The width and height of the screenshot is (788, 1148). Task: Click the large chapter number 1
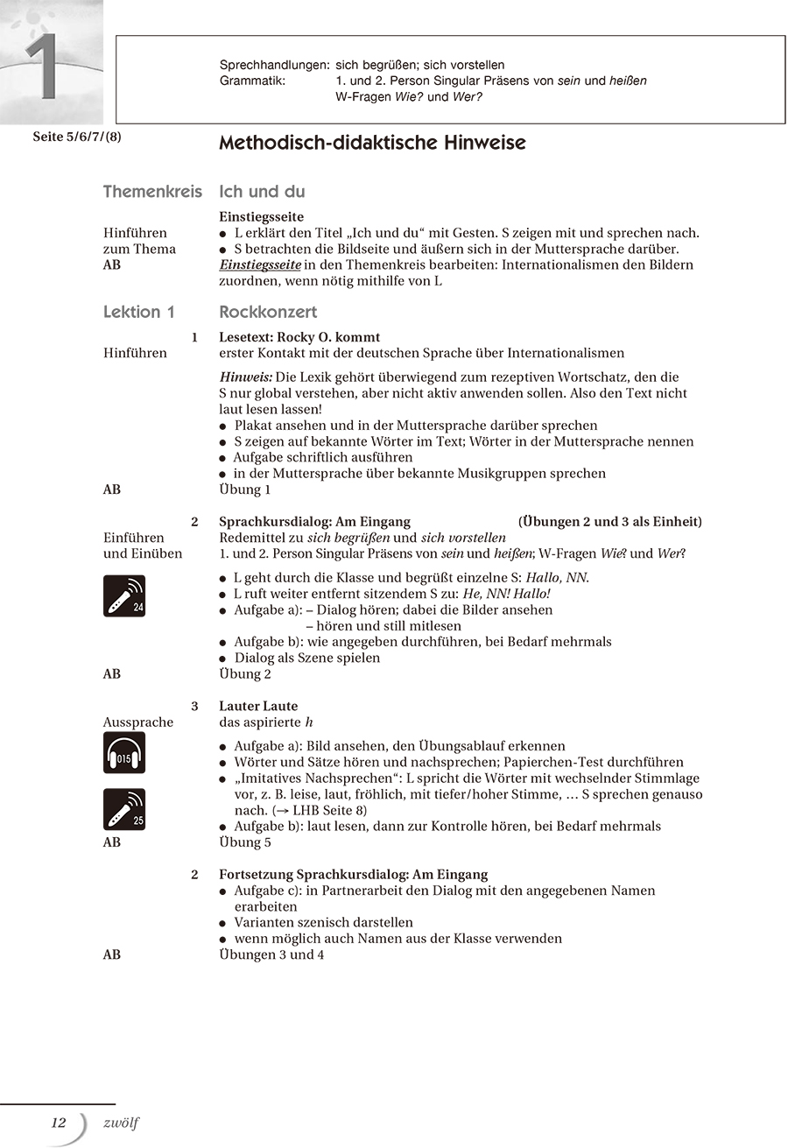[42, 68]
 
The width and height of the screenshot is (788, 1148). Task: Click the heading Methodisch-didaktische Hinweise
[372, 143]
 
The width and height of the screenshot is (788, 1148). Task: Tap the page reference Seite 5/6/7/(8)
[77, 137]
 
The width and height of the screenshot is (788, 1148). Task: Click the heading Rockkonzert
[268, 312]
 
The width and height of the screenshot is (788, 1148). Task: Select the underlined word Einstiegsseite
[261, 264]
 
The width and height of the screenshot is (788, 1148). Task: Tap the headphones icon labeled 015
[124, 753]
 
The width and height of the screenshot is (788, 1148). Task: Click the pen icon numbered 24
[124, 595]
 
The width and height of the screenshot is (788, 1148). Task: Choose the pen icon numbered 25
[124, 809]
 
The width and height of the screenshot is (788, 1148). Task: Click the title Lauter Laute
[258, 706]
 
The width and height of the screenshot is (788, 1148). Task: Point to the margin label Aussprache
[138, 722]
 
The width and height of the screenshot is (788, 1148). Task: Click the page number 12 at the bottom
[59, 1123]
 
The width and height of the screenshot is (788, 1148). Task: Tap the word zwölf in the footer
[121, 1123]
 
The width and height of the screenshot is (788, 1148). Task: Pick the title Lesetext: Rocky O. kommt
[299, 337]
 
